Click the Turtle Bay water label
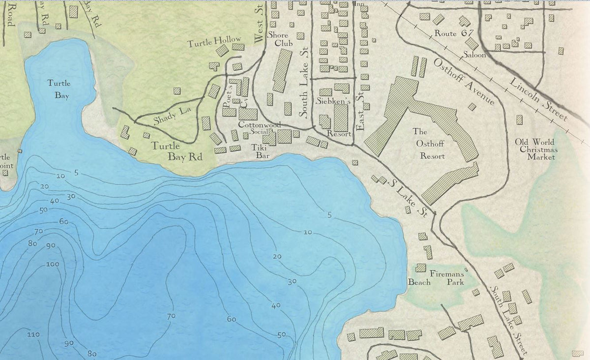coord(59,89)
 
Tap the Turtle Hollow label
coord(214,42)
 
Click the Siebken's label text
coord(333,101)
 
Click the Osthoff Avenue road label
coord(464,81)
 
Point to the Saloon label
coord(475,55)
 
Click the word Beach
coord(419,282)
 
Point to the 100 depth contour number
coord(52,264)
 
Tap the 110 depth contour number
coord(33,334)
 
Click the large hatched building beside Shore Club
coord(282,70)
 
